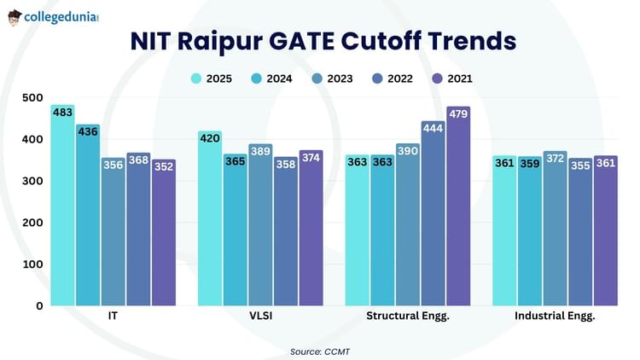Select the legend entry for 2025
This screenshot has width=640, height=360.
pos(213,78)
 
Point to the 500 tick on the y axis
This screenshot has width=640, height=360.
pos(32,98)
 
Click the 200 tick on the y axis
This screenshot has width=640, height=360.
pos(32,223)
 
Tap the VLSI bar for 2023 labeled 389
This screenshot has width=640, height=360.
pos(260,230)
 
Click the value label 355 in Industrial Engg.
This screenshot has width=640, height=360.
pos(580,165)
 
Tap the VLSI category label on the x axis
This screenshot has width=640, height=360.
pos(260,316)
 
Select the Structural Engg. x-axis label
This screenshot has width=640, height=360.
pos(407,316)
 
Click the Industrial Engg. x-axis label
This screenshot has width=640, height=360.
pos(555,316)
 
